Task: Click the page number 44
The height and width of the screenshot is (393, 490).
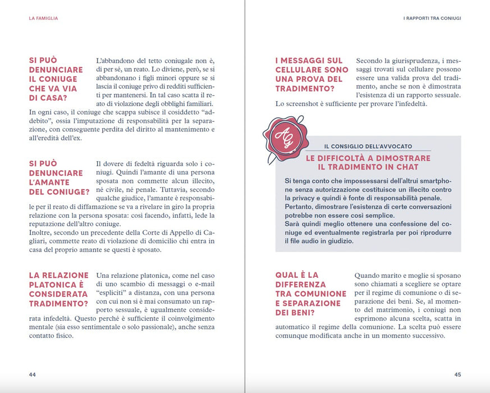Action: [33, 374]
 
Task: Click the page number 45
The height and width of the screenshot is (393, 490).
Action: [457, 374]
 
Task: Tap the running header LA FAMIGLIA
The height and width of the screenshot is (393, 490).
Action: [43, 19]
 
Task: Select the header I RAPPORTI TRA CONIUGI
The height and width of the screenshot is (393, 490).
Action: [432, 19]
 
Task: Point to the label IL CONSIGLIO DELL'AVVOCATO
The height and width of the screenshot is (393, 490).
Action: [368, 146]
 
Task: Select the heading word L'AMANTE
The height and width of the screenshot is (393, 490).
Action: [49, 182]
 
